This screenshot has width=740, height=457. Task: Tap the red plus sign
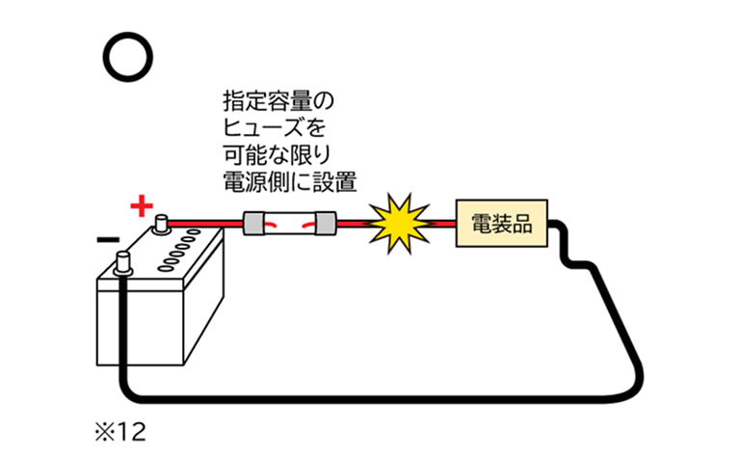pyautogui.click(x=142, y=204)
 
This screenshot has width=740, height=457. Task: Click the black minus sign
pyautogui.click(x=109, y=238)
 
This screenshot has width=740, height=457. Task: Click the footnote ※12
pyautogui.click(x=120, y=426)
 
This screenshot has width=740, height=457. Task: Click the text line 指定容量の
pyautogui.click(x=277, y=100)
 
